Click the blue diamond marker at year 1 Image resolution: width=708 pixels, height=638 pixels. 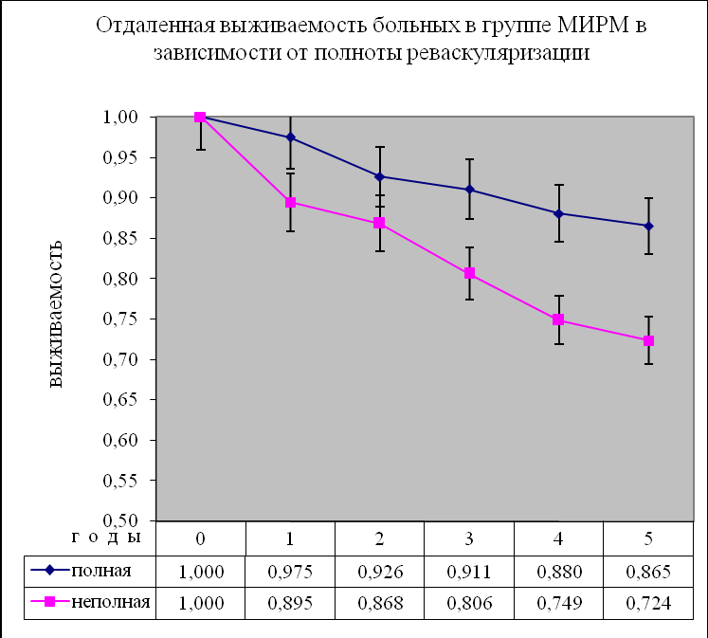click(x=290, y=137)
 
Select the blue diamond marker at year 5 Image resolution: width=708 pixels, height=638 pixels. click(x=648, y=226)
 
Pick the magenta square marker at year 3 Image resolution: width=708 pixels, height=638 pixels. click(x=469, y=274)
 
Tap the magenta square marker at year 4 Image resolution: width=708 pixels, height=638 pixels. click(x=558, y=319)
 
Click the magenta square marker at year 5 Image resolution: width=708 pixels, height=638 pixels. click(x=648, y=340)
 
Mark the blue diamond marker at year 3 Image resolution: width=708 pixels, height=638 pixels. click(x=469, y=190)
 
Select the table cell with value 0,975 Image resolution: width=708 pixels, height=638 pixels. click(x=290, y=571)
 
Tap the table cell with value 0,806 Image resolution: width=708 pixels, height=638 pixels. click(x=469, y=603)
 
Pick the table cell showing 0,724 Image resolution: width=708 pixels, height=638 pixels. click(x=648, y=603)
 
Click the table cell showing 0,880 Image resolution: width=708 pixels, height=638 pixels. click(x=558, y=571)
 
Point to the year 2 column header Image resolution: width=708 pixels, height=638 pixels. click(x=379, y=538)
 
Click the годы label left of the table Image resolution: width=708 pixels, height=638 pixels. click(x=104, y=537)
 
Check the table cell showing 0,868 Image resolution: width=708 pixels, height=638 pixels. click(x=379, y=603)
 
